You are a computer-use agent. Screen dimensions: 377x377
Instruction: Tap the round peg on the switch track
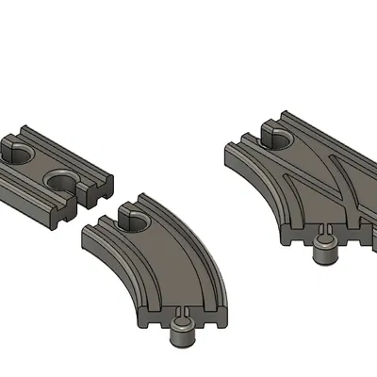326,251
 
